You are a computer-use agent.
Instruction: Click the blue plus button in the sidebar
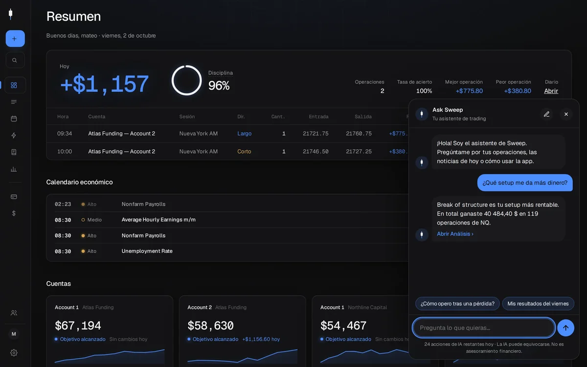tap(15, 39)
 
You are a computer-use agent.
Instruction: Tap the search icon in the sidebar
tap(15, 60)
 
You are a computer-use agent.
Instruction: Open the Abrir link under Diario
tap(551, 91)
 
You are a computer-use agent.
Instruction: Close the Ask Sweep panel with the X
tap(566, 114)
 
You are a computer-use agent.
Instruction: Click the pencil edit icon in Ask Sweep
tap(546, 114)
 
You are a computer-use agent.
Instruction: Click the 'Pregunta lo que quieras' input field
tap(483, 328)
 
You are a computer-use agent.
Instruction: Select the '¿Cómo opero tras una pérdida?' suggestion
tap(457, 303)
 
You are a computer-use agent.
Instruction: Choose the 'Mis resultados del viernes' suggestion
tap(538, 303)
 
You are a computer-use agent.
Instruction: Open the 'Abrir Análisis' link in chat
tap(455, 234)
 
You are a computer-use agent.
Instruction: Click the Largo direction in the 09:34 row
tap(244, 134)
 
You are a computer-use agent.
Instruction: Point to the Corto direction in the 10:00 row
tap(244, 152)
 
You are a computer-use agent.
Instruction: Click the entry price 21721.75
tap(316, 134)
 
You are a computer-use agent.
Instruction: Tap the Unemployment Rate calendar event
tap(147, 251)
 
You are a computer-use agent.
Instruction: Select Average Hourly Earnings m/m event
tap(158, 220)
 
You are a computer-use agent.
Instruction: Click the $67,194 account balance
tap(78, 325)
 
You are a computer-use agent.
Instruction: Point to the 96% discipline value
tap(219, 86)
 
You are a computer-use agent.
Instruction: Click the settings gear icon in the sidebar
tap(14, 353)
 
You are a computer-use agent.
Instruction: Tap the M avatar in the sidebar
tap(14, 334)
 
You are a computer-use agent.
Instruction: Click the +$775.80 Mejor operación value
tap(469, 91)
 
